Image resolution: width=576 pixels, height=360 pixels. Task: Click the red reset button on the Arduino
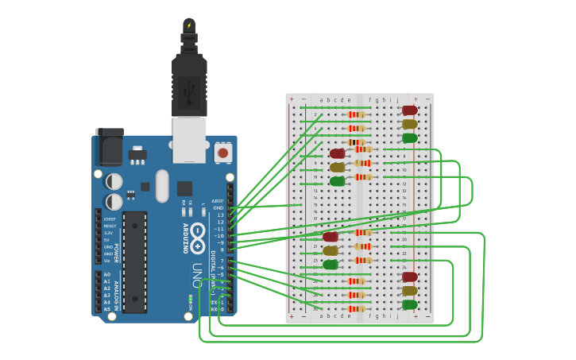[x=223, y=152]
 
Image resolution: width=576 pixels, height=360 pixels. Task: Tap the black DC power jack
[x=109, y=148]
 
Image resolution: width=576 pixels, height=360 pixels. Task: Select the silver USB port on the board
[x=189, y=139]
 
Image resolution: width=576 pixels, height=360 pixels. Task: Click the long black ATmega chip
[x=134, y=261]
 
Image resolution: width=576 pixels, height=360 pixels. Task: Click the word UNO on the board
[x=196, y=275]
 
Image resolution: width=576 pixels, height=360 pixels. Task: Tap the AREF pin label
[x=217, y=201]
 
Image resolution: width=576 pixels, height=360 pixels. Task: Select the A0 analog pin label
[x=106, y=275]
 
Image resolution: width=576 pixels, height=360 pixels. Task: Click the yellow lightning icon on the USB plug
[x=188, y=25]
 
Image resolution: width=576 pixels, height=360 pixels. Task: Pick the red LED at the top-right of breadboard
[x=409, y=110]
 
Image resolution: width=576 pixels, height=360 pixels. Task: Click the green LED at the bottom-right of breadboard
[x=409, y=304]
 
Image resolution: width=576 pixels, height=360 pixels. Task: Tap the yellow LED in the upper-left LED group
[x=337, y=167]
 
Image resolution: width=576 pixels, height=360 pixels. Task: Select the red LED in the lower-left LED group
[x=330, y=237]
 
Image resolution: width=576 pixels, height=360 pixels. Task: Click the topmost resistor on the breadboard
[x=357, y=114]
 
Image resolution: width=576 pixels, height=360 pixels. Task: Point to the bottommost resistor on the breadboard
[x=357, y=308]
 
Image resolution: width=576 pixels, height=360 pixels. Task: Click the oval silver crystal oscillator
[x=162, y=185]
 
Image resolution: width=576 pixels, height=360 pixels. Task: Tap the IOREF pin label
[x=109, y=219]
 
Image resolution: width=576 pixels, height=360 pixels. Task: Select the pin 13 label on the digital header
[x=220, y=215]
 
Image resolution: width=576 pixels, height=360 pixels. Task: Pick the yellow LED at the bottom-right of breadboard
[x=409, y=291]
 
